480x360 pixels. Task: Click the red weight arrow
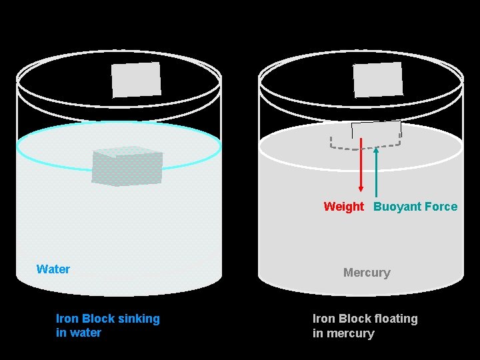coord(361,167)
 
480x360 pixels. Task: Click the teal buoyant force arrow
coord(376,173)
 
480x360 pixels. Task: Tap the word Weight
coord(343,207)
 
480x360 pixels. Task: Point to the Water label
coord(53,269)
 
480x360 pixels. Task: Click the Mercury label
coord(367,273)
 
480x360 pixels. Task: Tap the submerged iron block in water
coord(127,167)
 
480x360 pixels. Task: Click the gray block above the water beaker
coord(136,79)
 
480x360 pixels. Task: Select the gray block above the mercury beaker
coord(378,79)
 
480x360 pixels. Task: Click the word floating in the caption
coord(393,319)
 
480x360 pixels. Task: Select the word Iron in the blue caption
coord(67,319)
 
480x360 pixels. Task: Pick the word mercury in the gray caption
coord(349,333)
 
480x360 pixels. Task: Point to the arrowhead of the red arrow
coord(361,187)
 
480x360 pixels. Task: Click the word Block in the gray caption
coord(355,319)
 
